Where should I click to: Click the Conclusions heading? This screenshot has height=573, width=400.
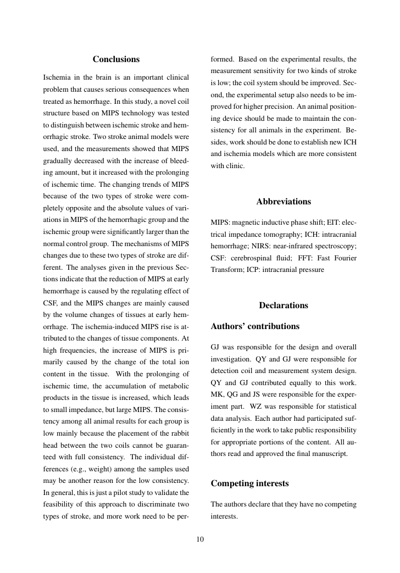tap(116, 59)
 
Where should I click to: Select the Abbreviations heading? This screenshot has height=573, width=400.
tap(284, 202)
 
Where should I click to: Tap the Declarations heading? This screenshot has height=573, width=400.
tap(284, 305)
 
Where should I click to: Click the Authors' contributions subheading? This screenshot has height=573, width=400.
tap(255, 326)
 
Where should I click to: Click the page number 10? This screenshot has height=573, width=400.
tap(200, 539)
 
